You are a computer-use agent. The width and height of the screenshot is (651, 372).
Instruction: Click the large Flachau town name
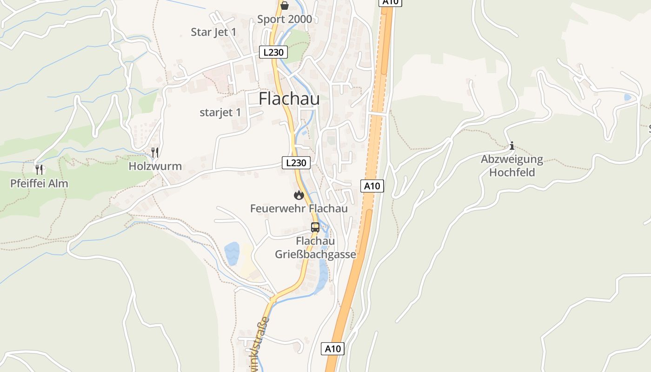pyautogui.click(x=289, y=99)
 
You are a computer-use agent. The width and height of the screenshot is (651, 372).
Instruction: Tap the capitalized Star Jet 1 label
pyautogui.click(x=213, y=32)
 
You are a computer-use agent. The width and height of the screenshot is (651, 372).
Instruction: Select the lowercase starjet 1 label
pyautogui.click(x=220, y=113)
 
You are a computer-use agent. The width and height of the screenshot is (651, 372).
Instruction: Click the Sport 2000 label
pyautogui.click(x=285, y=19)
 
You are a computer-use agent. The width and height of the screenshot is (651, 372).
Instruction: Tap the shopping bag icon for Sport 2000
pyautogui.click(x=284, y=6)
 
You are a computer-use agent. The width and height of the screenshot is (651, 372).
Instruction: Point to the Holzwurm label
pyautogui.click(x=155, y=166)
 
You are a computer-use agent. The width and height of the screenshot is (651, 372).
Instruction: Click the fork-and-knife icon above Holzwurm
pyautogui.click(x=155, y=152)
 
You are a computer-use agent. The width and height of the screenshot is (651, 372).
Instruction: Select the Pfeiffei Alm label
pyautogui.click(x=39, y=183)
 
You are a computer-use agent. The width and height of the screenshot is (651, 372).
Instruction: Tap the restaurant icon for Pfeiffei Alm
pyautogui.click(x=40, y=169)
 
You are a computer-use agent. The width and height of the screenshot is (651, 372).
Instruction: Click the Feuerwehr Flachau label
pyautogui.click(x=299, y=208)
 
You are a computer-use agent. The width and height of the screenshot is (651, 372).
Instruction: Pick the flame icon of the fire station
pyautogui.click(x=299, y=195)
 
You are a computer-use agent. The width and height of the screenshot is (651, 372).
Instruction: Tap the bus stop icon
pyautogui.click(x=315, y=227)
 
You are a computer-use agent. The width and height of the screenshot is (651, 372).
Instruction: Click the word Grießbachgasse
pyautogui.click(x=315, y=254)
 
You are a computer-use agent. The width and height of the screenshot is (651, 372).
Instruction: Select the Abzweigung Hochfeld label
pyautogui.click(x=512, y=166)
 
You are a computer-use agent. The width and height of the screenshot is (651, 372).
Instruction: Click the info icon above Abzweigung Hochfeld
pyautogui.click(x=512, y=146)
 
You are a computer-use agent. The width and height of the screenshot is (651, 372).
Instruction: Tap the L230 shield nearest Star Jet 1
pyautogui.click(x=273, y=52)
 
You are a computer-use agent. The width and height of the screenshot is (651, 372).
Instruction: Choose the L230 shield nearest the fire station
pyautogui.click(x=296, y=163)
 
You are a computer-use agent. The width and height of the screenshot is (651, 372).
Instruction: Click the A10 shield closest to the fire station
pyautogui.click(x=372, y=186)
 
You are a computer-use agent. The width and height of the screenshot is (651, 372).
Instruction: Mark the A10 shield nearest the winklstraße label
pyautogui.click(x=333, y=349)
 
